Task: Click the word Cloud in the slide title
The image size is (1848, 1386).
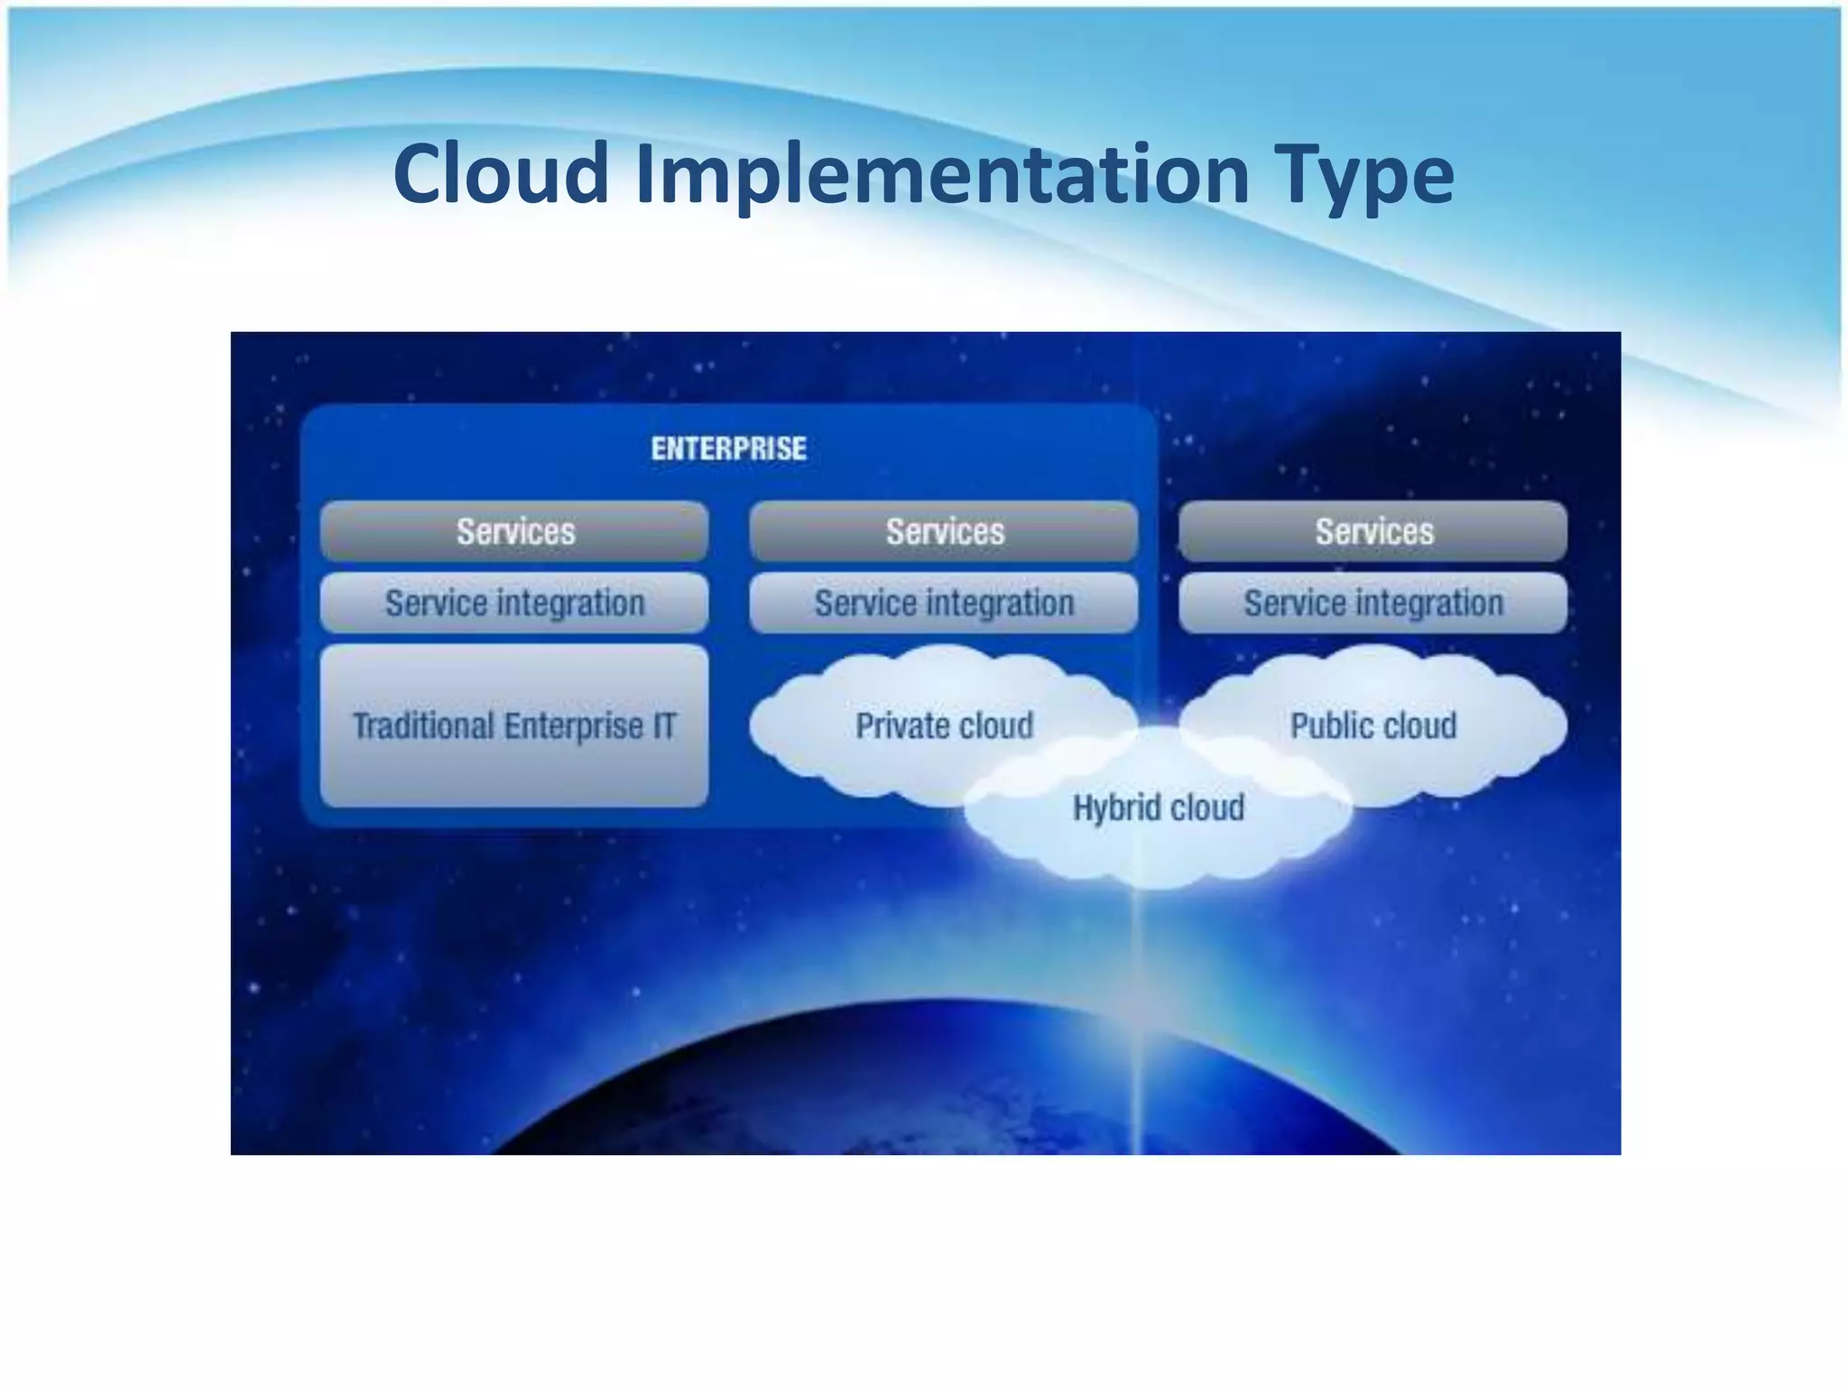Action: [501, 173]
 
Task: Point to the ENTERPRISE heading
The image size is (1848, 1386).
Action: [729, 448]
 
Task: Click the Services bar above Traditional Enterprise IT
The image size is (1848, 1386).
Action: [514, 531]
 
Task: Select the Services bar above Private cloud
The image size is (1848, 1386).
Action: [944, 531]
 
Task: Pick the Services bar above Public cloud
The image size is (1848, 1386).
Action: [1373, 531]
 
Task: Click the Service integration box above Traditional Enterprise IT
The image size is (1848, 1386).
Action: [514, 603]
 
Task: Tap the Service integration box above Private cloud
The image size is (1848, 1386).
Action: [944, 603]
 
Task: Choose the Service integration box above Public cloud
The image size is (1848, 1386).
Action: [1373, 603]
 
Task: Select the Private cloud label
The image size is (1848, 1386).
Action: [944, 725]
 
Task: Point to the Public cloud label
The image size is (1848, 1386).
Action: [1373, 725]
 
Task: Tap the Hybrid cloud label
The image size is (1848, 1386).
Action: [1159, 808]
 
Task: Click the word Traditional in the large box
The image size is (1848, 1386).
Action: [423, 725]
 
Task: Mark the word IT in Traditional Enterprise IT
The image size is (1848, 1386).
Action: [664, 725]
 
